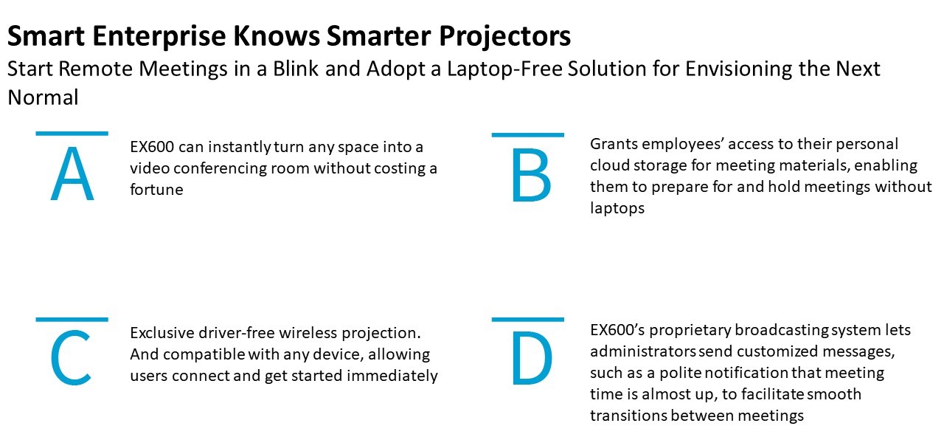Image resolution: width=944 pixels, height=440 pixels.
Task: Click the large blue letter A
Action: click(72, 173)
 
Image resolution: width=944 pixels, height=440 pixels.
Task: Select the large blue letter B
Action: click(532, 176)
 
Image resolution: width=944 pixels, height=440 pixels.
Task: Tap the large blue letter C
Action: click(71, 358)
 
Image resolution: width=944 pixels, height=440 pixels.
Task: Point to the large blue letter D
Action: click(532, 358)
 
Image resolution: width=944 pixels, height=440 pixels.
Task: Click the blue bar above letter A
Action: click(72, 134)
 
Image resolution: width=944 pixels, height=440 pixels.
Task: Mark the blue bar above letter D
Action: click(527, 320)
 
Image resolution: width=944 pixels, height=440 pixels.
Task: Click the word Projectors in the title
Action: click(505, 36)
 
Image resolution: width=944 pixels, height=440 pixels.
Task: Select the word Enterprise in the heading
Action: click(159, 36)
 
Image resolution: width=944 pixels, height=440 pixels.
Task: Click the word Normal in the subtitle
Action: click(43, 97)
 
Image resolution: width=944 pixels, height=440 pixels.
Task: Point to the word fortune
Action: click(156, 190)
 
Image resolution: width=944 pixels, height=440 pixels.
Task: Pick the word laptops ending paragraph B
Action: click(617, 208)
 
